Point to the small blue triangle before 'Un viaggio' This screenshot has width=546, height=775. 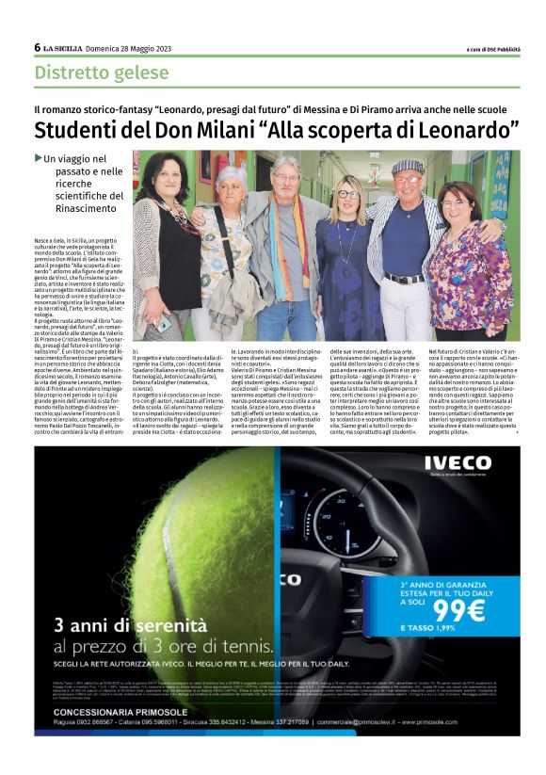pos(38,158)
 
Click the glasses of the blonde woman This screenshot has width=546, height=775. pos(348,194)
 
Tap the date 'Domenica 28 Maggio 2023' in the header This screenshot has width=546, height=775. pos(125,48)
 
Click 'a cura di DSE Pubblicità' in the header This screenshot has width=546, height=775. pos(492,49)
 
